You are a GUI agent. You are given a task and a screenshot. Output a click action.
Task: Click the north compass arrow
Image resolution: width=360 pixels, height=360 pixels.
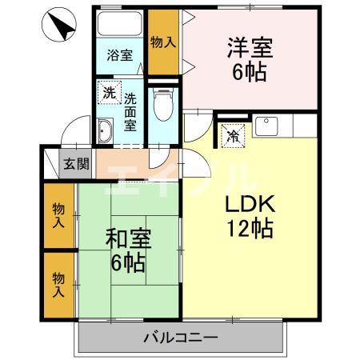(59, 25)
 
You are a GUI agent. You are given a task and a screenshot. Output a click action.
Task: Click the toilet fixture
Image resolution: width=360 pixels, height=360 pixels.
(162, 102)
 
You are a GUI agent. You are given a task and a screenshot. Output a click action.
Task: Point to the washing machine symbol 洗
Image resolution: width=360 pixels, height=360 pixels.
(108, 92)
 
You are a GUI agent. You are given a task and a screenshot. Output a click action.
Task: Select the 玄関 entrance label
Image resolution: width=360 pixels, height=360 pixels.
(77, 165)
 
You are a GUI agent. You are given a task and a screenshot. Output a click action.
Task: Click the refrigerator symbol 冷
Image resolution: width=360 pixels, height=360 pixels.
(233, 134)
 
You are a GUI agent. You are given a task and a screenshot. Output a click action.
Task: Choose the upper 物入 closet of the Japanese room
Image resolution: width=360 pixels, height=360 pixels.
(59, 216)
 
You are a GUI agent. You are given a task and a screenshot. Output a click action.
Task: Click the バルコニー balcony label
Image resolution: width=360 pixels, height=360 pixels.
(180, 338)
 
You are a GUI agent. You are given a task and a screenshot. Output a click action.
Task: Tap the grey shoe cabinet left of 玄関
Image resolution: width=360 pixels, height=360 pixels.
(50, 164)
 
